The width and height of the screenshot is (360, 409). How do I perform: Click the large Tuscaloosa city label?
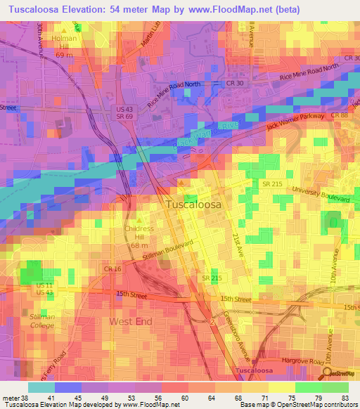click(x=194, y=204)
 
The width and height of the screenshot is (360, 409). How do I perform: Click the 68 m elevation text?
click(x=138, y=245)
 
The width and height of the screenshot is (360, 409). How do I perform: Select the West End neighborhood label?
click(x=130, y=321)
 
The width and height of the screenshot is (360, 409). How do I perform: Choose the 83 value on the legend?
click(x=345, y=398)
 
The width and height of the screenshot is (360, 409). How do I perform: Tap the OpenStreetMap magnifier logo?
click(x=328, y=374)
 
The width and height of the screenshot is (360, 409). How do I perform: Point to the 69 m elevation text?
click(x=65, y=55)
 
